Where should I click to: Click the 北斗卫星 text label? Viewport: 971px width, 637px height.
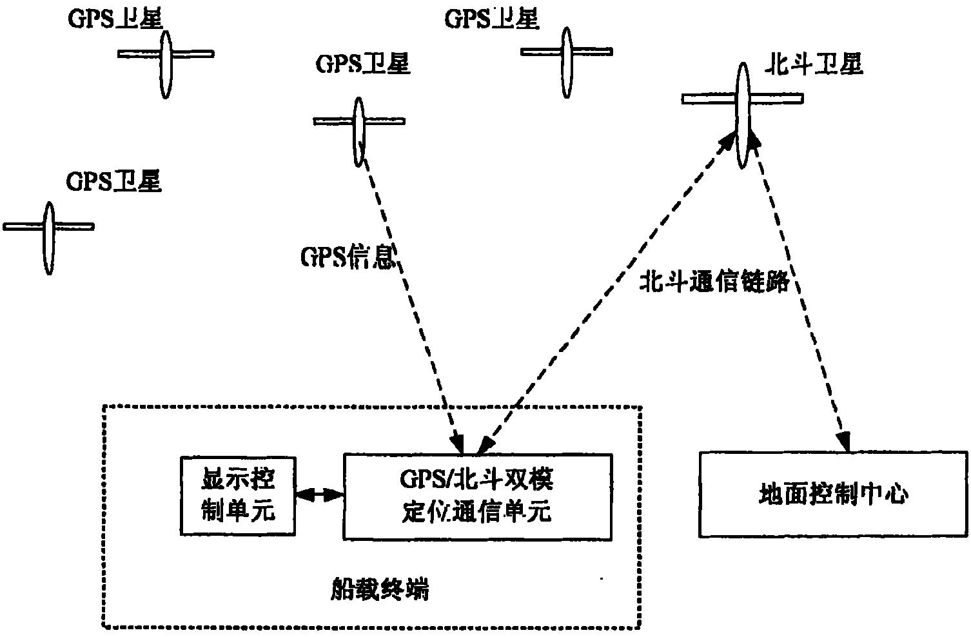(813, 66)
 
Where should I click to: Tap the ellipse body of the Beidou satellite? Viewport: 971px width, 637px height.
(743, 116)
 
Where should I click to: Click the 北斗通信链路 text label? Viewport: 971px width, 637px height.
(714, 282)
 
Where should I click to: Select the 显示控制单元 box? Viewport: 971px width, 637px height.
(238, 496)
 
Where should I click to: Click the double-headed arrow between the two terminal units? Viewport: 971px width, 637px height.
(319, 495)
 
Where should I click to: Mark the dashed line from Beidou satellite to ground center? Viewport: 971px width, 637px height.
(799, 290)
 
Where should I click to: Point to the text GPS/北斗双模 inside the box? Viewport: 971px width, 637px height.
(476, 481)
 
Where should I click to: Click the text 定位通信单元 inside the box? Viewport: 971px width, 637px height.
(476, 512)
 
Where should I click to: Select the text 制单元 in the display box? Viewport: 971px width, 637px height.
(238, 511)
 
